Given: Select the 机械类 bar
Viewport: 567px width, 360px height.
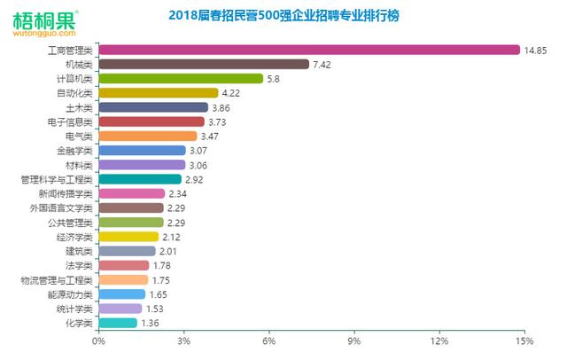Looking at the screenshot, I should click(203, 64).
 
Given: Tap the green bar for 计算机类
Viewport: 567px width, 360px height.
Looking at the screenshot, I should click(180, 78).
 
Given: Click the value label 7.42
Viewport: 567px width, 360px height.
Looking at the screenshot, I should click(322, 64).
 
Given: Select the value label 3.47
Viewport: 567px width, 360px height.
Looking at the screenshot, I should click(212, 136).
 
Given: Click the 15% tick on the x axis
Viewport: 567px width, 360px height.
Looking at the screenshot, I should click(524, 341).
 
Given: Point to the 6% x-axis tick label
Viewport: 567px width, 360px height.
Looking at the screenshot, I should click(268, 341).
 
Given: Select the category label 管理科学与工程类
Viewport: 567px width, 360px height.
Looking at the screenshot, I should click(57, 179).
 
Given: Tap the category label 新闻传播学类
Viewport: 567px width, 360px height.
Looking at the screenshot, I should click(66, 193).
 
